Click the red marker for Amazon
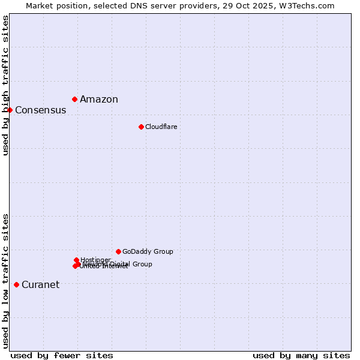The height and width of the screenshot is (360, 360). pos(74,99)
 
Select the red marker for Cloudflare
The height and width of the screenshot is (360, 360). pos(141,127)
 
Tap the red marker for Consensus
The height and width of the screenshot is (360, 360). pos(10,110)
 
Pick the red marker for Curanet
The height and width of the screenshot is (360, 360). pos(16,284)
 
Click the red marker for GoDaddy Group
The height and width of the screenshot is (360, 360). pos(118,251)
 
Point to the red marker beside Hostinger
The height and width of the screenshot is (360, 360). pos(76,260)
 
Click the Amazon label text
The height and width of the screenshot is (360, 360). pos(99,100)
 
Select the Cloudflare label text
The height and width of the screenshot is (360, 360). pos(161,127)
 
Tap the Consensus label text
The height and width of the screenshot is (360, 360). pos(40,110)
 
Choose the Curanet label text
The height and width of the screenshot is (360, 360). pos(40,285)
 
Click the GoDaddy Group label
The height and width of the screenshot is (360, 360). pos(148,252)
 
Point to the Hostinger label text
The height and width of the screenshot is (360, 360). pos(95,260)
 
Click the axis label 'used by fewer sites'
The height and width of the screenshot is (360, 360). pos(62,355)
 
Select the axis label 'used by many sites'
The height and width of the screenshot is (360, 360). pos(301,355)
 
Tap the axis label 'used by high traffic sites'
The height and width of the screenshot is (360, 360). pos(5,85)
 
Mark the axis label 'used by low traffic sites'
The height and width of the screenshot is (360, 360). pos(5,281)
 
